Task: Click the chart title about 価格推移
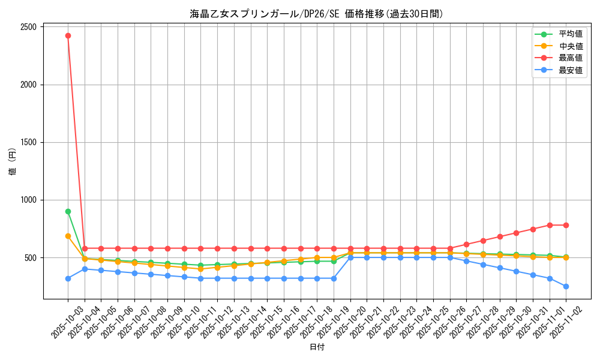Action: point(317,14)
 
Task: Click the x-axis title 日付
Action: point(317,347)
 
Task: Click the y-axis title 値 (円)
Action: point(13,162)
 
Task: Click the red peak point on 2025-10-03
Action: point(68,35)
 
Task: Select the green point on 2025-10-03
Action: point(68,211)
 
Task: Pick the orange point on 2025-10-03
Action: point(68,236)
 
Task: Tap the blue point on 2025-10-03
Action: point(68,278)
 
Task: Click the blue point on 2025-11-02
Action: point(566,286)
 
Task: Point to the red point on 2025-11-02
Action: point(566,225)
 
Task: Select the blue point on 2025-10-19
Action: point(334,278)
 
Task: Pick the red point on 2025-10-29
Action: point(500,236)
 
